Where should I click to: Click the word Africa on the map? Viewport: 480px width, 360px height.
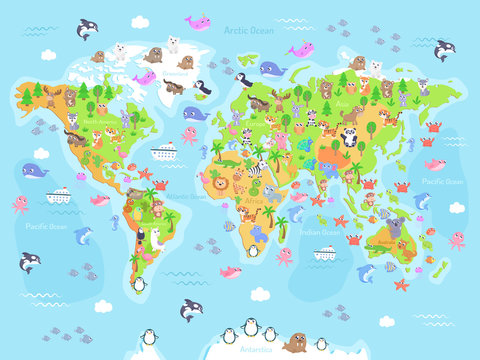coord(252,212)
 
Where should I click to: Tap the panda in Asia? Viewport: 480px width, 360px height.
coord(349,137)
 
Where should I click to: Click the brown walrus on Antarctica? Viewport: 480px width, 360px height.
coord(295,344)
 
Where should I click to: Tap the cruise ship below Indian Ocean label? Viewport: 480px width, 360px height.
coord(325,253)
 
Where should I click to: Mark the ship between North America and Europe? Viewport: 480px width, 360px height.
coord(164,152)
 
